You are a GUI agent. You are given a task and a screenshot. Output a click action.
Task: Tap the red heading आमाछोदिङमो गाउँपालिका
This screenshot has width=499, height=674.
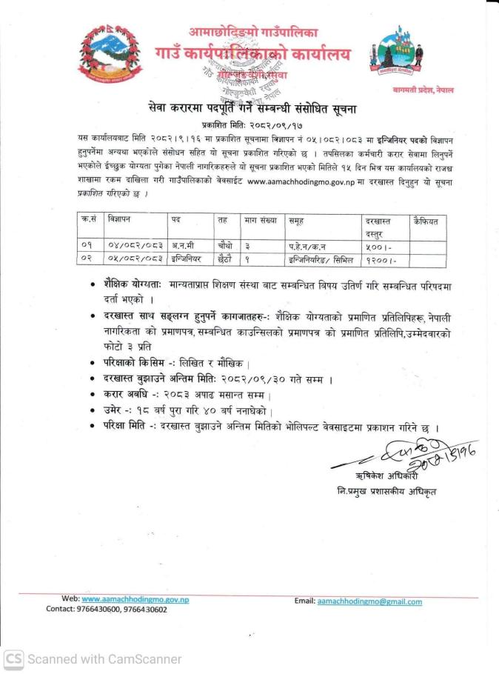click(x=252, y=33)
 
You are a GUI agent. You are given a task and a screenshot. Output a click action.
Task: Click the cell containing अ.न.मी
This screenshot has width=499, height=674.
click(x=181, y=246)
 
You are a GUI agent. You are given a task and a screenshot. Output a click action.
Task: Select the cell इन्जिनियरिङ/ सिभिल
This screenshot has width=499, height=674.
click(x=320, y=260)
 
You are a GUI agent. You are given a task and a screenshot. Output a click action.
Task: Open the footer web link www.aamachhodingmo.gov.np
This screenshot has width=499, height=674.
click(x=135, y=599)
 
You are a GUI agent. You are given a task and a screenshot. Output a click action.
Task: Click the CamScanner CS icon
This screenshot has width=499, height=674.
click(x=13, y=658)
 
